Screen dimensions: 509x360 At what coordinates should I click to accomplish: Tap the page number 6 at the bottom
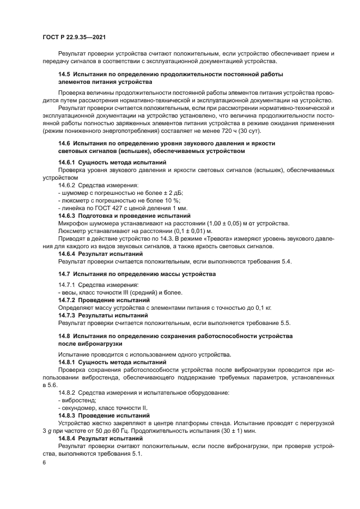click(44, 462)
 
